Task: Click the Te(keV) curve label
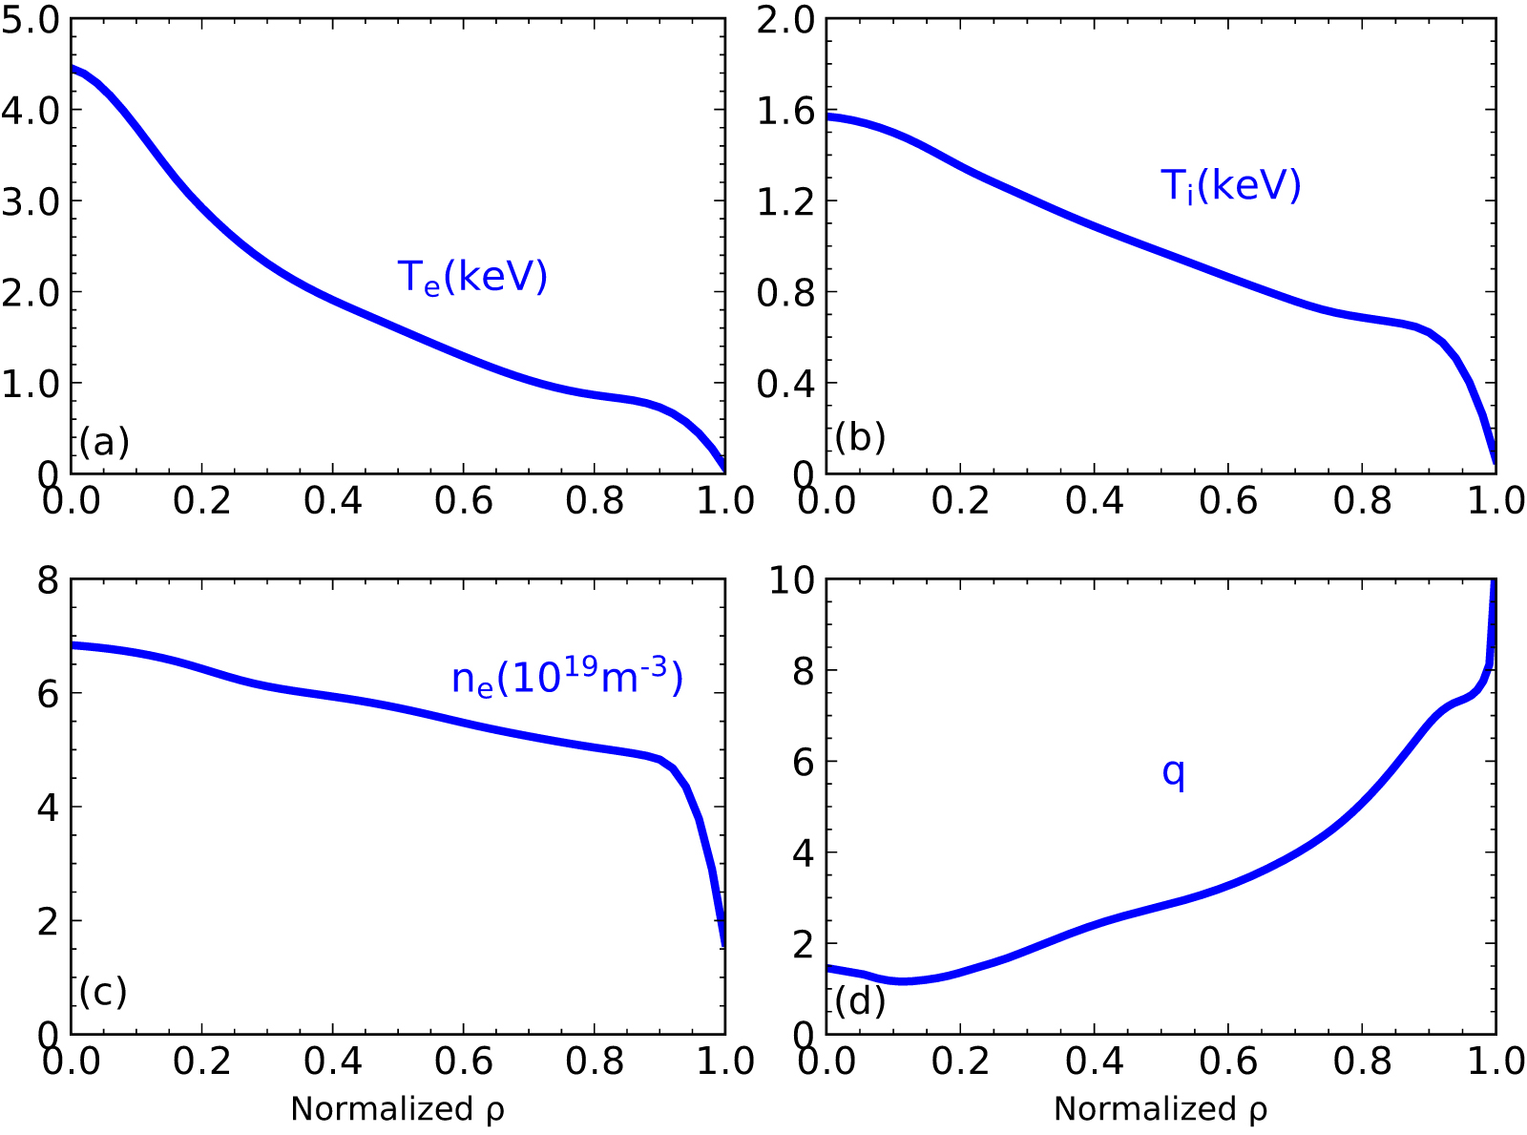tap(472, 277)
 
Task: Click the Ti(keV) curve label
tap(1230, 185)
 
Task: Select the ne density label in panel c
tap(567, 676)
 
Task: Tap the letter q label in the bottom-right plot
tap(1173, 771)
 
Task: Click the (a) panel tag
tap(104, 442)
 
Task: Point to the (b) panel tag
tap(860, 437)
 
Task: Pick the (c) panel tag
tap(103, 992)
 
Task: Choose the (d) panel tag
tap(860, 1001)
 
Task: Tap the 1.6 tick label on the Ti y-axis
tap(785, 112)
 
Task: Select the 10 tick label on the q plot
tap(791, 579)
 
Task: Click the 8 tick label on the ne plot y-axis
tap(48, 579)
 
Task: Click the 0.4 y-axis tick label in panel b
tap(785, 384)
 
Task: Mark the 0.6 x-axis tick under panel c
tap(464, 1061)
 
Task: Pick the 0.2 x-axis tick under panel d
tap(961, 1061)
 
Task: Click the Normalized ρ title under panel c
tap(397, 1109)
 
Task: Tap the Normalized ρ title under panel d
tap(1161, 1109)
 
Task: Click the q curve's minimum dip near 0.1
tap(902, 980)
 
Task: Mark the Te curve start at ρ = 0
tap(73, 69)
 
